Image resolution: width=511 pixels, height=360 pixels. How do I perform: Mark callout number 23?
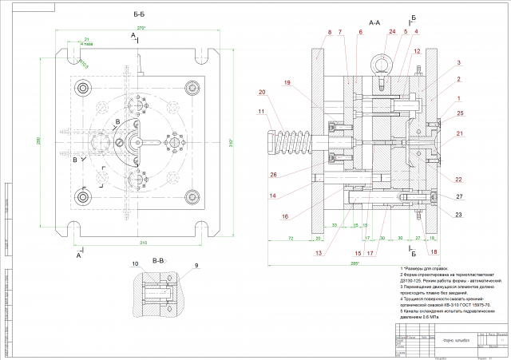[436, 213]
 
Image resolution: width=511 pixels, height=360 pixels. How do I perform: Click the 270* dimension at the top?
[143, 28]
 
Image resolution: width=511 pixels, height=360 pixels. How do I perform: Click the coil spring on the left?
[279, 144]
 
